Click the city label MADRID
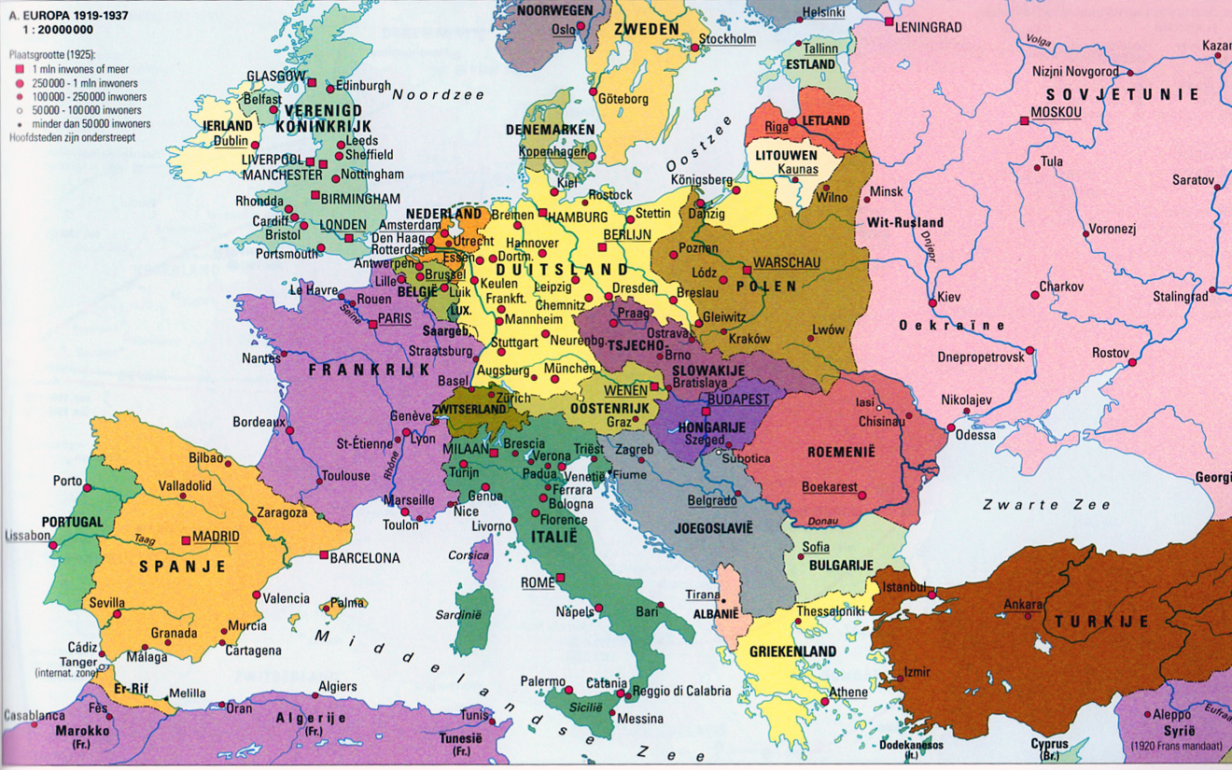[216, 537]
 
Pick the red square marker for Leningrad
[889, 21]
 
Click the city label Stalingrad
[1180, 297]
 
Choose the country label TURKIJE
[1101, 622]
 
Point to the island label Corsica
[469, 555]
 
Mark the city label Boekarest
[829, 486]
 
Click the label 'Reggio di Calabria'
[680, 691]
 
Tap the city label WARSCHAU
[786, 263]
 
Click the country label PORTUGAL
[72, 521]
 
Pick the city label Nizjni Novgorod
[1075, 71]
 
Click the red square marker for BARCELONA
[324, 556]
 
